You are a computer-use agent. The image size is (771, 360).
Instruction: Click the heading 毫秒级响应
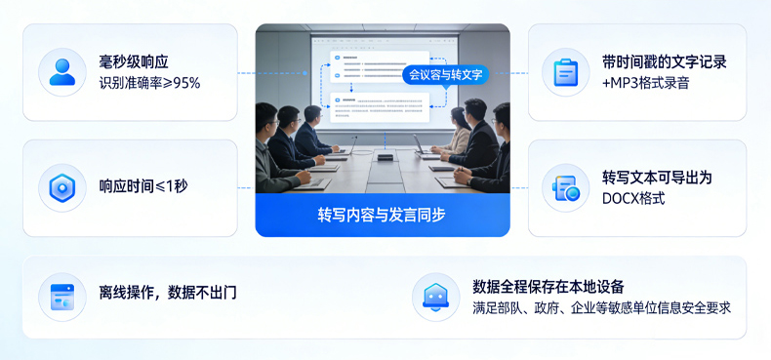(134, 62)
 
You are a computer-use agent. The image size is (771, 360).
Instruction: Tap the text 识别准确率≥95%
(149, 83)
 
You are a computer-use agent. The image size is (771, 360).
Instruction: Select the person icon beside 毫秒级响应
(62, 72)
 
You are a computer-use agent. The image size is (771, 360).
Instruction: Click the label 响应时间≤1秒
(143, 186)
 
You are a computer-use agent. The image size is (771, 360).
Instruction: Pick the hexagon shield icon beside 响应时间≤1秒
(62, 187)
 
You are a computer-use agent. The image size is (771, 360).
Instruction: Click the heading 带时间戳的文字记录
(665, 62)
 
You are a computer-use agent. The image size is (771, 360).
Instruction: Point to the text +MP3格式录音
(645, 83)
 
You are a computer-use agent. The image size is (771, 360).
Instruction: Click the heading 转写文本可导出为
(657, 178)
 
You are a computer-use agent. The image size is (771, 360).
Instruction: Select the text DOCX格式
(633, 198)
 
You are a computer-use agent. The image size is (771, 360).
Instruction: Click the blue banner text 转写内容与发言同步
(382, 215)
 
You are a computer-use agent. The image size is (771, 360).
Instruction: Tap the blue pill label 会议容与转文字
(445, 74)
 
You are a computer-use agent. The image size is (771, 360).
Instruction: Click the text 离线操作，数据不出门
(168, 292)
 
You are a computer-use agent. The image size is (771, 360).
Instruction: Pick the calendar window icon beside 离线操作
(62, 297)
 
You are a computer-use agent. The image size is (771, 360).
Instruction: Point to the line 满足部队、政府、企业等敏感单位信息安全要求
(601, 307)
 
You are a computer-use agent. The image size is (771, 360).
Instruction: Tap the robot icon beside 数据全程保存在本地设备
(435, 297)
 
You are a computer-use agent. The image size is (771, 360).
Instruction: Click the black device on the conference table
(385, 156)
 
